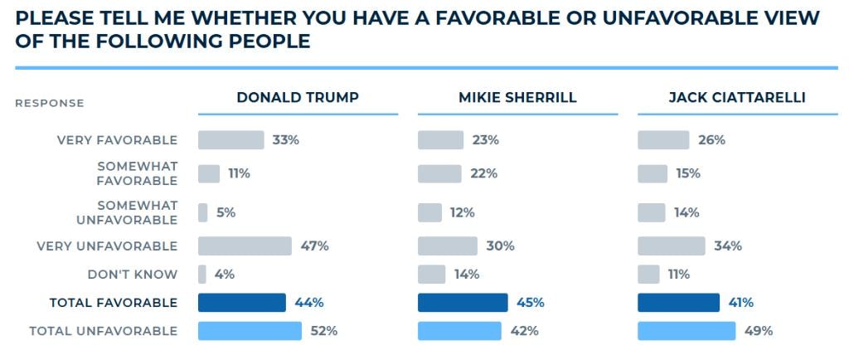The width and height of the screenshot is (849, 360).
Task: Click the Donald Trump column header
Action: click(x=298, y=97)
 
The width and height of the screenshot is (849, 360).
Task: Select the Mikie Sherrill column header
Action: click(x=517, y=97)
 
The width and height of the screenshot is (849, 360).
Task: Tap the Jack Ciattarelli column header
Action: click(x=737, y=97)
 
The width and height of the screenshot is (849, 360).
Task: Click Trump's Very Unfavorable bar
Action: click(x=245, y=246)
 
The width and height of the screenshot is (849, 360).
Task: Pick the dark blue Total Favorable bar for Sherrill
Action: click(x=463, y=303)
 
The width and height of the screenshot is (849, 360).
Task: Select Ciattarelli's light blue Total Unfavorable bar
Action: click(x=686, y=331)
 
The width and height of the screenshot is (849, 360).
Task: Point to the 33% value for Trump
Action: click(x=286, y=140)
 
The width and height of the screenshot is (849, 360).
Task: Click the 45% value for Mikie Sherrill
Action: click(x=530, y=303)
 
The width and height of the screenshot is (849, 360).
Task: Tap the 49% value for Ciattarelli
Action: click(x=758, y=331)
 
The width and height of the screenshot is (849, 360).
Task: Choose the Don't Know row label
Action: click(x=133, y=275)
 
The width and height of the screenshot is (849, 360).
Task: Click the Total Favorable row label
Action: click(x=114, y=303)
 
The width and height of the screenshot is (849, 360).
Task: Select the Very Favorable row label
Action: click(x=118, y=140)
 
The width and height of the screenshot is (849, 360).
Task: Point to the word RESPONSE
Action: click(x=50, y=104)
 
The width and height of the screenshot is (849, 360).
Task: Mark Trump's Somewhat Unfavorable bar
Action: click(x=202, y=212)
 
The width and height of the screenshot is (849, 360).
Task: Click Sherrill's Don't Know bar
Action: click(x=431, y=275)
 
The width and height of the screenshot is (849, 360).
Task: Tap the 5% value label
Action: click(x=226, y=212)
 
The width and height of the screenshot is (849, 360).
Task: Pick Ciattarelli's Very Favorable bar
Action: click(x=663, y=140)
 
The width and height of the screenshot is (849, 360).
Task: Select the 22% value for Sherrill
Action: click(x=484, y=173)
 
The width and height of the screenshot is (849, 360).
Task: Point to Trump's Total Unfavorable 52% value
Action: click(x=324, y=331)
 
